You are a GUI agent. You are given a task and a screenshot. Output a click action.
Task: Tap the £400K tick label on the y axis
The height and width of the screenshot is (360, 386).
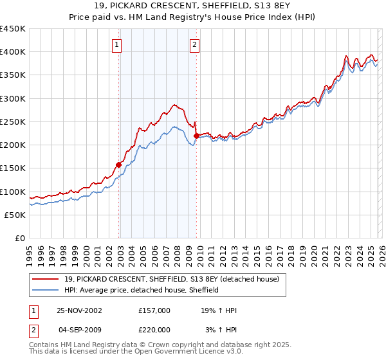pos(12,52)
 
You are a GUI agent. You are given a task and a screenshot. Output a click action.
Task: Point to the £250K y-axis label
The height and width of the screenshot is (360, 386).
pos(12,122)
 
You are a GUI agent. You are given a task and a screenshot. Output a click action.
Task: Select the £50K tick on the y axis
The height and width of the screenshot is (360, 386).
pos(15,215)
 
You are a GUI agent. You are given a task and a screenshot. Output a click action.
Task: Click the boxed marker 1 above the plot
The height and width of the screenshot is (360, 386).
pos(116,45)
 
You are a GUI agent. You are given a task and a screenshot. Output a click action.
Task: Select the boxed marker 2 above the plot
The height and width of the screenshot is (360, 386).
pos(194,45)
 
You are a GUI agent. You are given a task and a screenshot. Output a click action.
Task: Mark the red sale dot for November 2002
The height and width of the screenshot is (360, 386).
pos(119,165)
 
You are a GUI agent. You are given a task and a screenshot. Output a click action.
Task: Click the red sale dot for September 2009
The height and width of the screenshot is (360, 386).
pos(196,136)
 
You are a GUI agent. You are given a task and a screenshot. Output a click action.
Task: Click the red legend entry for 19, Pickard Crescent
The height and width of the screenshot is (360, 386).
pos(171,279)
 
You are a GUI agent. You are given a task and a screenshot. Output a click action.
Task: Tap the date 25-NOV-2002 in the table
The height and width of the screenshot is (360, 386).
pos(80,310)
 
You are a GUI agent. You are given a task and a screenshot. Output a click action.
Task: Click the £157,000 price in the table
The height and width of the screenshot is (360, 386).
pos(154,310)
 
